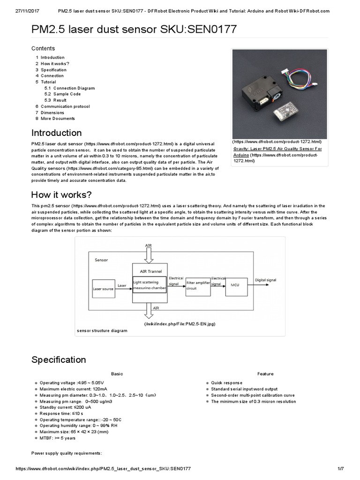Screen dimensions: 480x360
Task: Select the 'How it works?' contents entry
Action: pyautogui.click(x=55, y=64)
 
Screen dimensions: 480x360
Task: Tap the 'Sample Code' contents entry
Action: pyautogui.click(x=67, y=94)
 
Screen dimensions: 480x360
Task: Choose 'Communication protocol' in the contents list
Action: pyautogui.click(x=65, y=106)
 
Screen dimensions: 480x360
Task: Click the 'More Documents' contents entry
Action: pyautogui.click(x=58, y=119)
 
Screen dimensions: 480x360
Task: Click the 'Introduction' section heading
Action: pyautogui.click(x=56, y=133)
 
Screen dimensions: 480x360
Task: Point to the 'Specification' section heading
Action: pyautogui.click(x=59, y=360)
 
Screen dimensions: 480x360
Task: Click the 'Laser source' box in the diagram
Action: pyautogui.click(x=104, y=289)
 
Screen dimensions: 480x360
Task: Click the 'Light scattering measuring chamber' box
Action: pyautogui.click(x=149, y=285)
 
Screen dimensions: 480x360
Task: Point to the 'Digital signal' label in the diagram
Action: pyautogui.click(x=266, y=280)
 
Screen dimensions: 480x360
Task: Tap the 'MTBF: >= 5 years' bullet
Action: pyautogui.click(x=57, y=438)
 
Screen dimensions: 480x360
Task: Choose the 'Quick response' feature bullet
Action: pyautogui.click(x=226, y=383)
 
